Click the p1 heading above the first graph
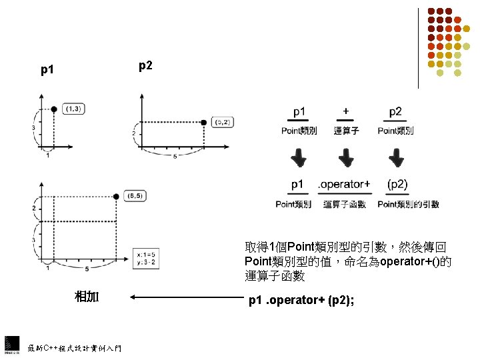point(48,69)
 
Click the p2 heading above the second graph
point(145,65)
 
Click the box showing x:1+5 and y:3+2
point(146,257)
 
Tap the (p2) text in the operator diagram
point(397,184)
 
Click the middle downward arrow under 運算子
point(346,159)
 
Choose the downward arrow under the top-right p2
point(395,159)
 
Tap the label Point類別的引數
point(408,205)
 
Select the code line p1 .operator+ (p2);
point(301,301)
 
